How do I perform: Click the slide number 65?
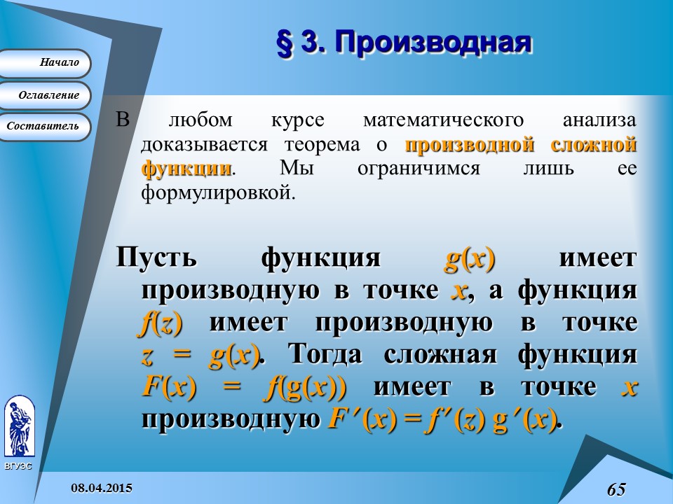click(616, 489)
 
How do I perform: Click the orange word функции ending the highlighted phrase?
click(186, 169)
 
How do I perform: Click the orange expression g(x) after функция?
click(470, 258)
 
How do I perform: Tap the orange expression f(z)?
click(162, 322)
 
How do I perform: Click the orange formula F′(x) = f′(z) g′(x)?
click(441, 419)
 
